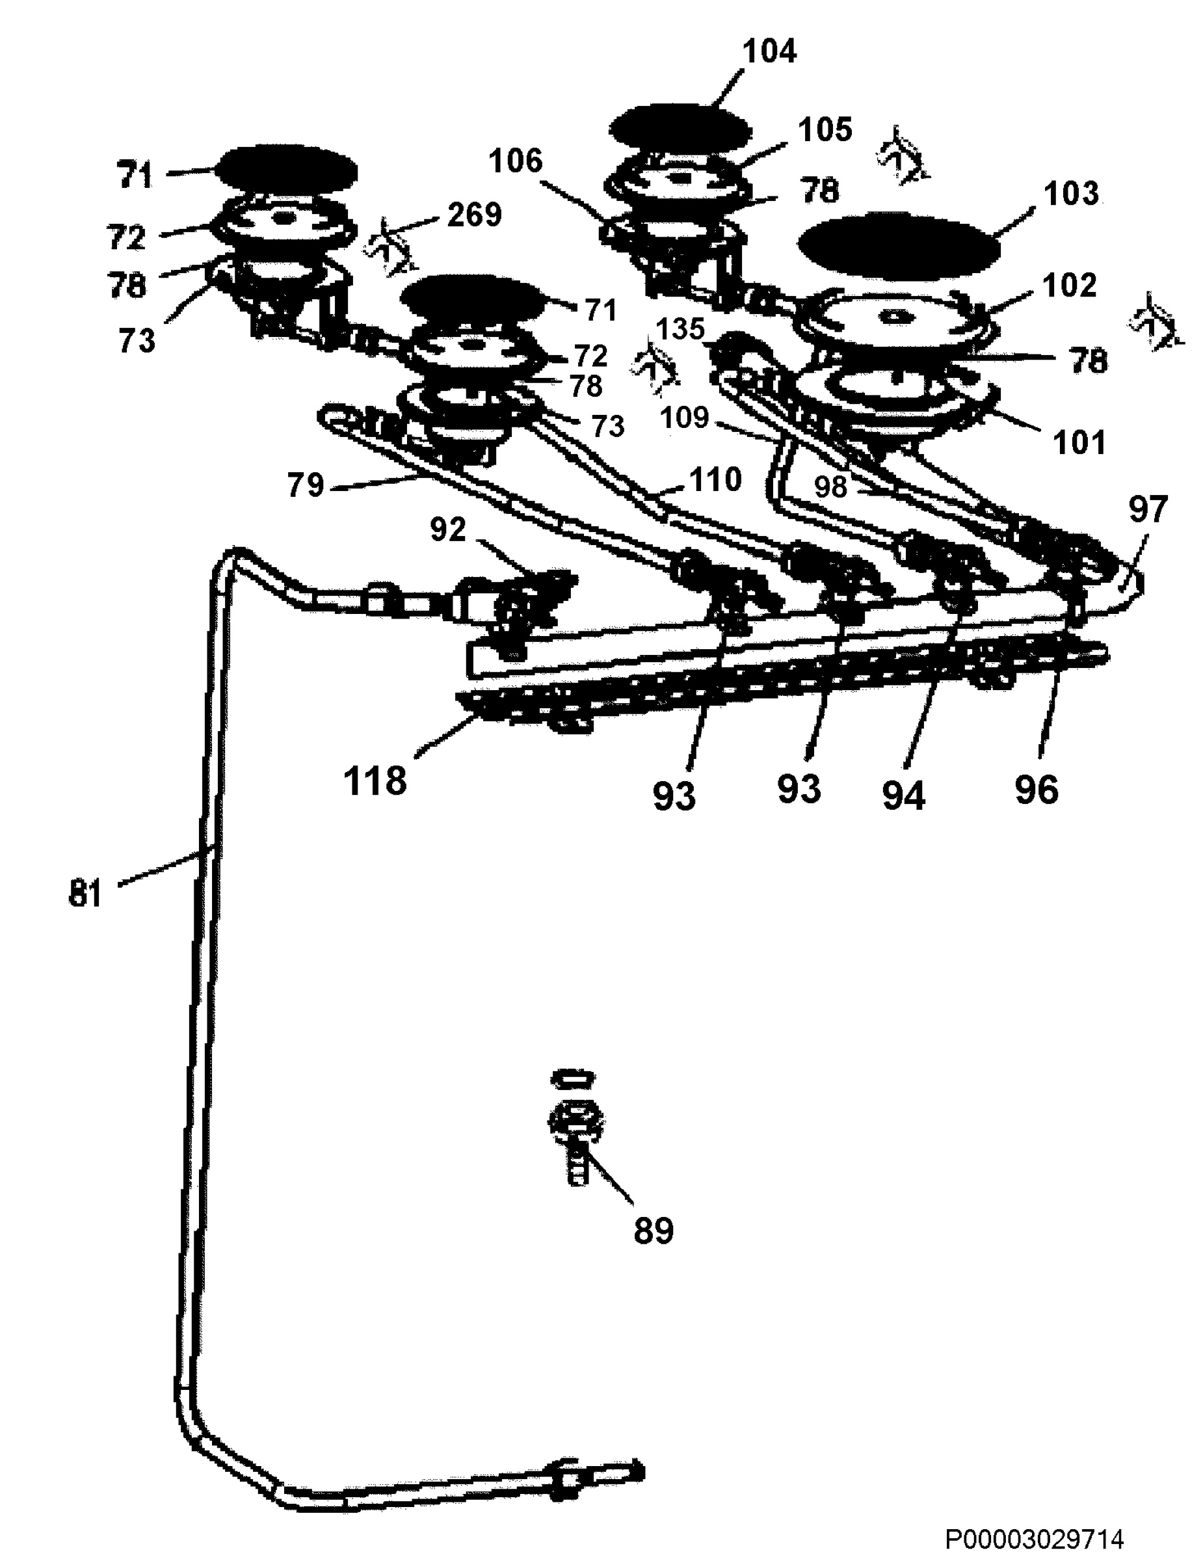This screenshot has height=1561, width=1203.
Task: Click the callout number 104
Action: point(769,51)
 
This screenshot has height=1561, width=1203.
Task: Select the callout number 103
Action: point(1071,193)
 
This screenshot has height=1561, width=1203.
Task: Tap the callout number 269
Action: point(474,215)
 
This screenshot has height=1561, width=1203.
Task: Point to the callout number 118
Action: point(375,781)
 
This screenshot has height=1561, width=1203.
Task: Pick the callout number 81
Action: point(85,894)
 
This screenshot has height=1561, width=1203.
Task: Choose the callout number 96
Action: point(1037,790)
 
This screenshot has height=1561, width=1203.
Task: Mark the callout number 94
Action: point(904,795)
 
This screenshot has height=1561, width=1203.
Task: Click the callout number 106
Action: point(516,161)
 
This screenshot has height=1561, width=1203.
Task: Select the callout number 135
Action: point(680,330)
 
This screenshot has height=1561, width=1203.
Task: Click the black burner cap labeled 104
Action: point(680,129)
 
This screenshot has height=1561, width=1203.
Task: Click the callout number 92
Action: point(448,529)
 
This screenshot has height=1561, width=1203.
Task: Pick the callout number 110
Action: point(715,480)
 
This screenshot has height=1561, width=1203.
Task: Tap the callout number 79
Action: point(306,486)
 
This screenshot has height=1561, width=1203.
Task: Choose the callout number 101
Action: point(1079,443)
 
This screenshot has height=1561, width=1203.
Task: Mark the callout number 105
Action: point(825,130)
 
